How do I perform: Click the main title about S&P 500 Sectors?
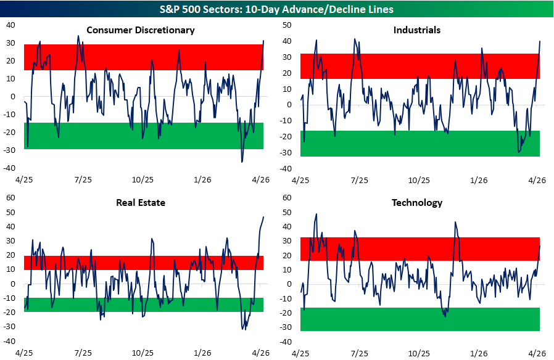click(277, 9)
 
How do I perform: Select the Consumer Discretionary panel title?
click(141, 30)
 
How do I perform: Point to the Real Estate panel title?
click(141, 202)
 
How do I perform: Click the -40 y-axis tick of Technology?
click(286, 342)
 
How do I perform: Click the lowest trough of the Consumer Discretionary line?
click(242, 162)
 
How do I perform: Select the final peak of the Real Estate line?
click(263, 216)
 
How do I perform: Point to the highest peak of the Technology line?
click(316, 214)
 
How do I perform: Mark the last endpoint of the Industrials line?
click(540, 41)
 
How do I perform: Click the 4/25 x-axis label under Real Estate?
click(23, 353)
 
